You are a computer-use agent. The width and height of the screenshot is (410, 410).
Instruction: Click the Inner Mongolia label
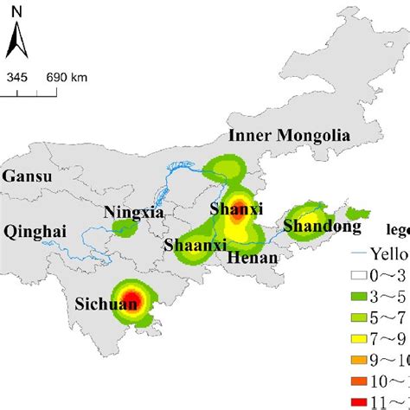point(289,135)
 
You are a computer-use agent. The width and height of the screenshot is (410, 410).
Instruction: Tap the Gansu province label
point(27,176)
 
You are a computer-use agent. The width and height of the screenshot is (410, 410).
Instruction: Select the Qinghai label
point(33,231)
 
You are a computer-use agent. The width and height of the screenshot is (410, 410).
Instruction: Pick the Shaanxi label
point(192,245)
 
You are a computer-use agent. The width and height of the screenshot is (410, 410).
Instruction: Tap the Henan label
point(253,257)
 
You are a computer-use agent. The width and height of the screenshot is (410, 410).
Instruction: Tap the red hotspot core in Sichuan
point(130,301)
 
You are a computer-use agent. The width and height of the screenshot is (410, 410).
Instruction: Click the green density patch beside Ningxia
point(126,229)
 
